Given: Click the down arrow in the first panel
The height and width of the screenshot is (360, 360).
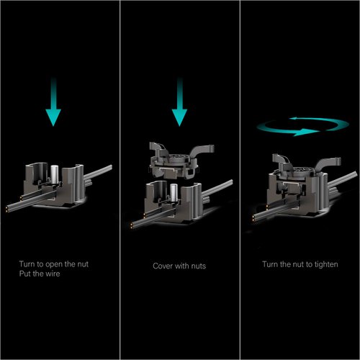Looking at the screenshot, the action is coord(53,102).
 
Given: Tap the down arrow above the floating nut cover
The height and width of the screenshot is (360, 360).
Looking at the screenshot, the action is coord(179,102).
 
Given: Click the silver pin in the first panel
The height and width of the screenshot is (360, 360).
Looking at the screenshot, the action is coord(55,174).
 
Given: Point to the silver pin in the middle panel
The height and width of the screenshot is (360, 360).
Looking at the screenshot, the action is coord(174,193).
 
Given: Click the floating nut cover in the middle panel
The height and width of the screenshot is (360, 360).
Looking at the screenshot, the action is coord(179,161).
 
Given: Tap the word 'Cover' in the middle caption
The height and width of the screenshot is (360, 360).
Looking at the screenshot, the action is coord(162,266).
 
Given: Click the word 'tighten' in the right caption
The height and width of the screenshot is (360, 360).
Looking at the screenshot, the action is coord(326,264).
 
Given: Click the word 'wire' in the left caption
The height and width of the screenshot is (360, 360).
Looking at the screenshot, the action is coord(53,274).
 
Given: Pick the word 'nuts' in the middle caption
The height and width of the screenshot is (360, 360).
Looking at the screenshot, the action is coord(198,266).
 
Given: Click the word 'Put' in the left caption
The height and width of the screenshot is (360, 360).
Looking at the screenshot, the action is coord(25,274).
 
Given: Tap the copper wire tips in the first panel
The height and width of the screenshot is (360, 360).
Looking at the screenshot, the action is coord(7,209).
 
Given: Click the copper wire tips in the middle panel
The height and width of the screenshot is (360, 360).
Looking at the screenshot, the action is coord(132,225).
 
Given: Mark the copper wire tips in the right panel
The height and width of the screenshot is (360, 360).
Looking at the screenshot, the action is coord(254,219).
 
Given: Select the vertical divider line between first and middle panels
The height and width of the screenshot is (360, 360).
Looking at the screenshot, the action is coord(120,180).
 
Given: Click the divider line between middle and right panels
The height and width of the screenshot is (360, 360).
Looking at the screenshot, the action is coord(240,180).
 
